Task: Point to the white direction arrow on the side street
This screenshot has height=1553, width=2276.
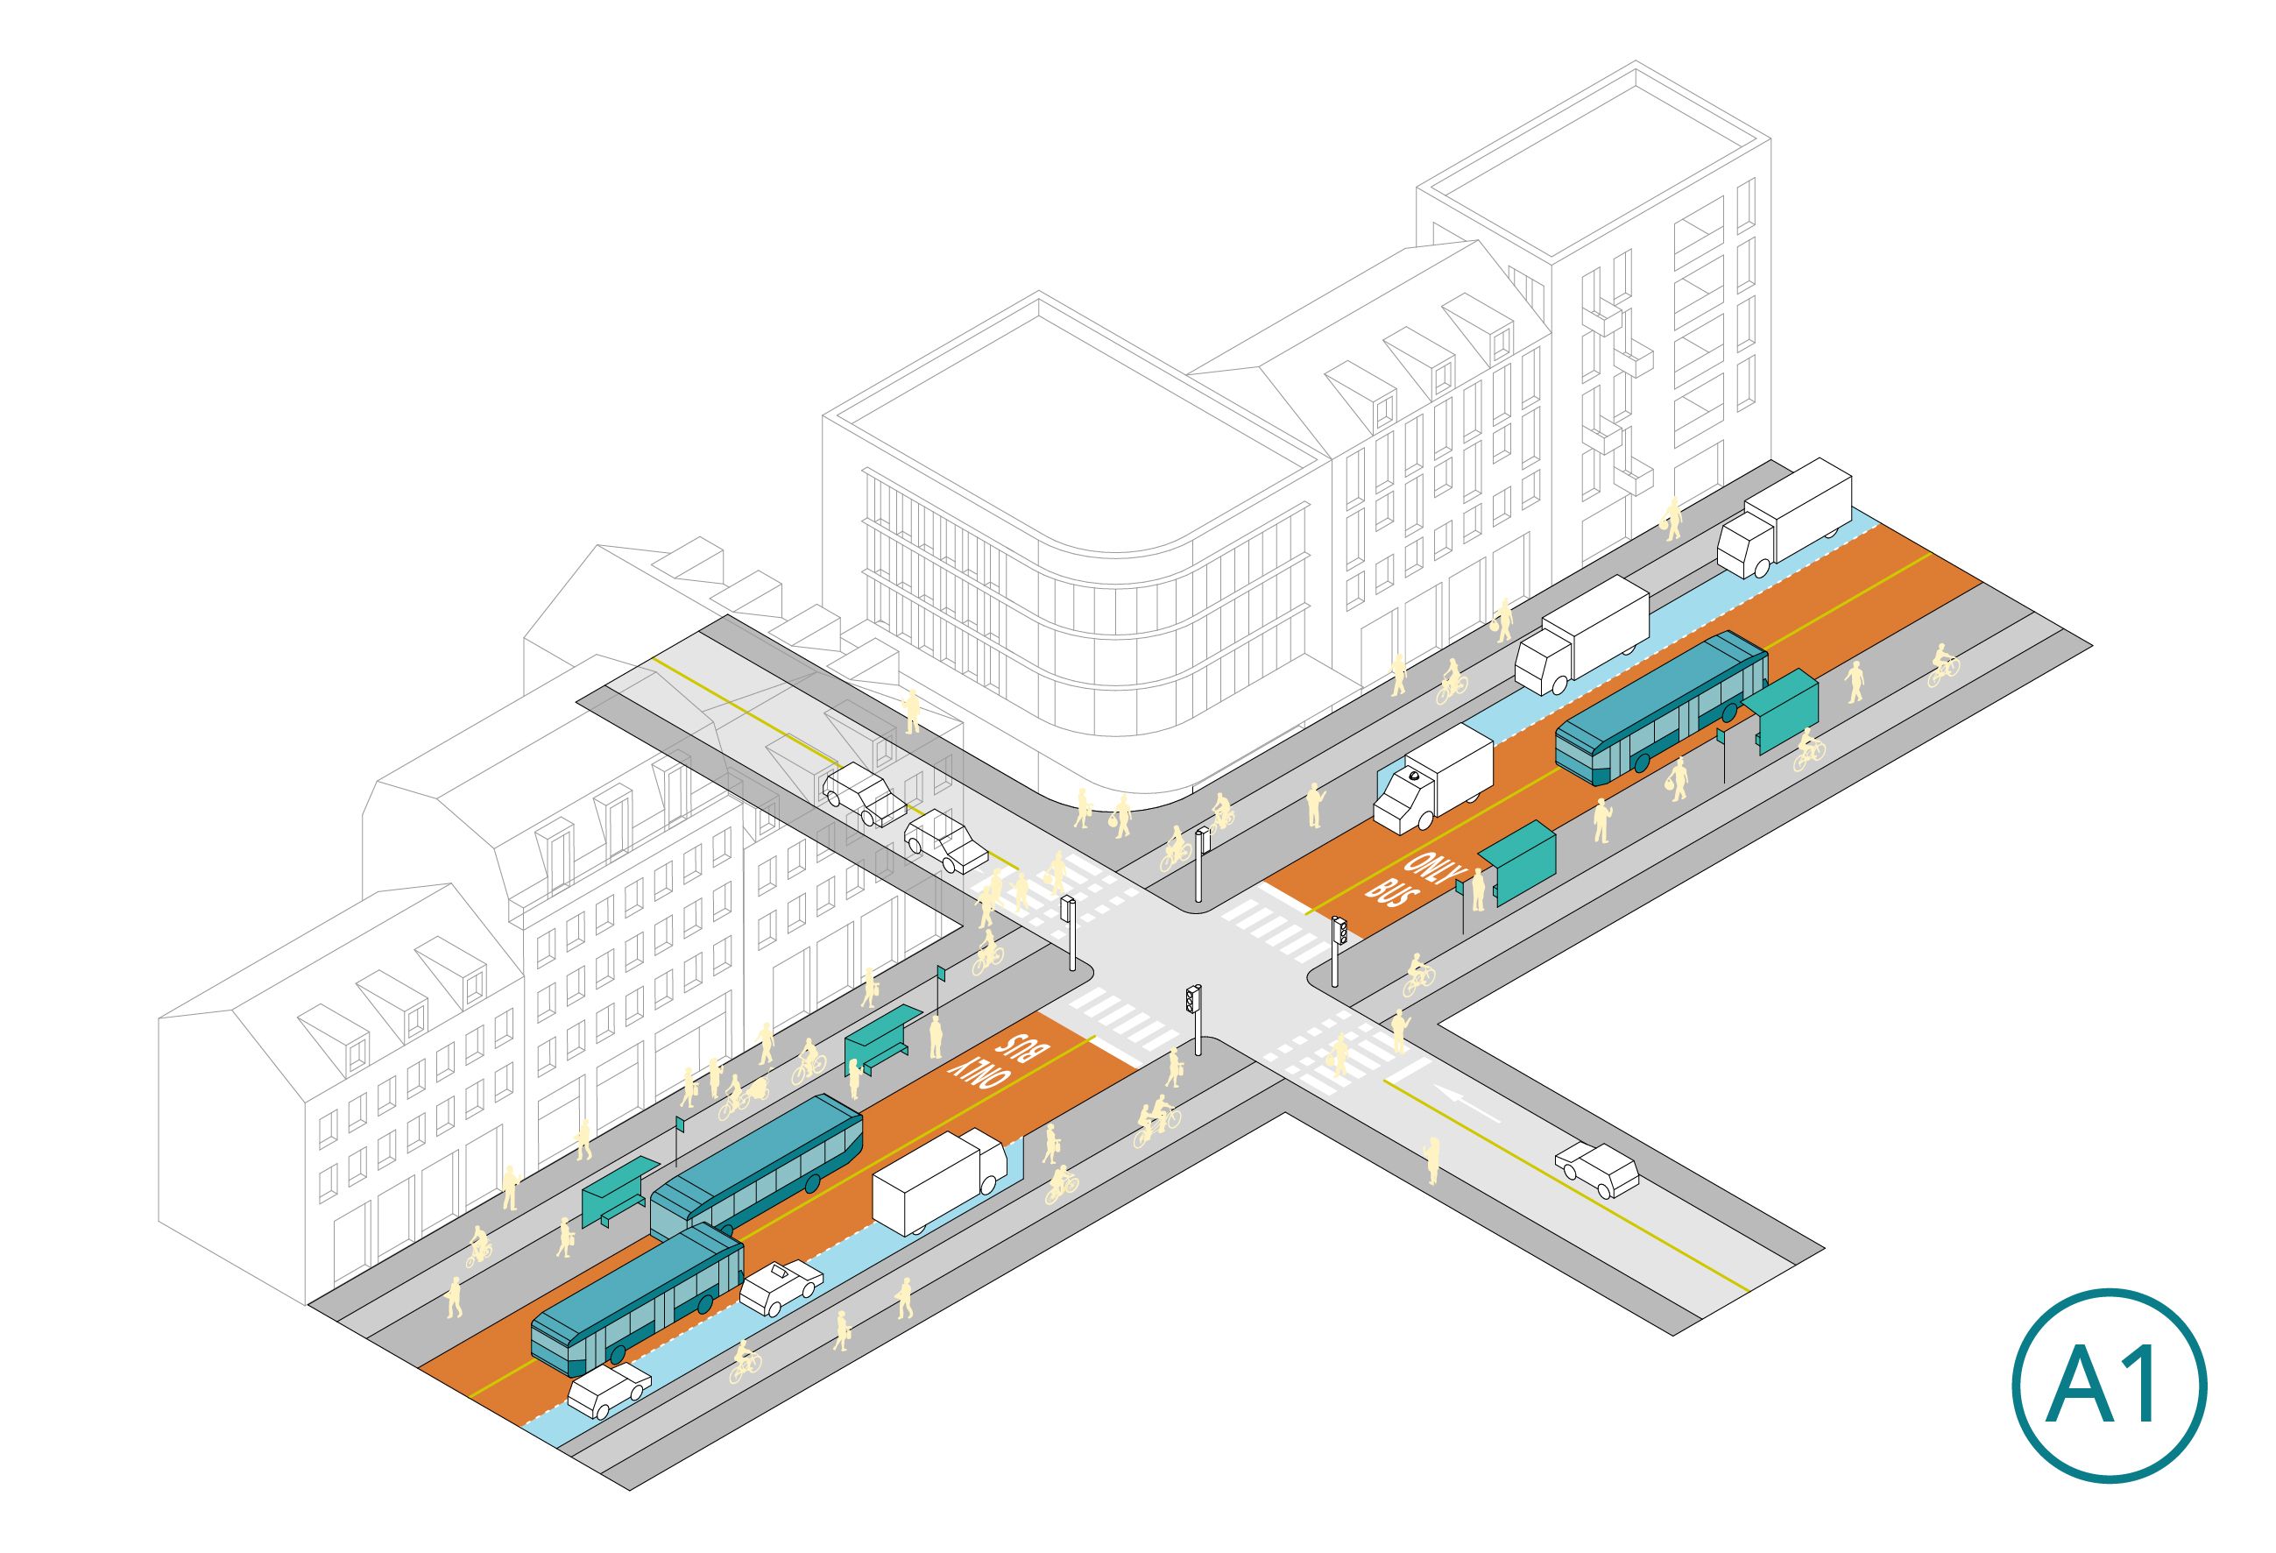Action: pyautogui.click(x=1465, y=1103)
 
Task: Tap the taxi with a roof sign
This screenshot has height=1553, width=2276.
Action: pyautogui.click(x=781, y=1287)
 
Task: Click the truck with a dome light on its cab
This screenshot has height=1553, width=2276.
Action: pyautogui.click(x=1431, y=778)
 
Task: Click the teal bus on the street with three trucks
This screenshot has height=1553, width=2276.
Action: pyautogui.click(x=1662, y=706)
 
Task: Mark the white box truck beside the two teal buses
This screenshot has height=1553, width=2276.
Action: pyautogui.click(x=939, y=1180)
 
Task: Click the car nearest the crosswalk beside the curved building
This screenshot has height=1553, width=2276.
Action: pyautogui.click(x=946, y=841)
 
